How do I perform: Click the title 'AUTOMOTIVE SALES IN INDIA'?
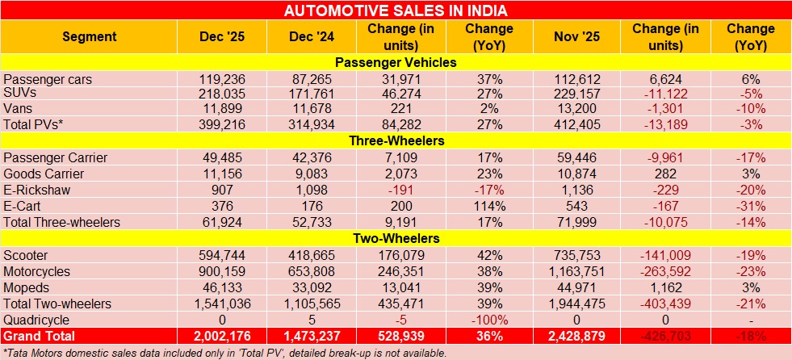[396, 10]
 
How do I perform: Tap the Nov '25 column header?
[574, 36]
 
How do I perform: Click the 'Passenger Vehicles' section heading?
[396, 62]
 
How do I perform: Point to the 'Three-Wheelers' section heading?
[396, 140]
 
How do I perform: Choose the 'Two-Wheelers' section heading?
[396, 238]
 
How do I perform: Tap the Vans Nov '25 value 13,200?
[574, 107]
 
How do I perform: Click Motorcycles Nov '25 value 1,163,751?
[574, 271]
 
